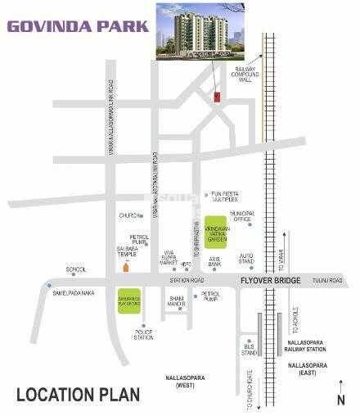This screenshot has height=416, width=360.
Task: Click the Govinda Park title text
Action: (x=79, y=25)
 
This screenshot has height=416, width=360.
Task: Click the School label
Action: (x=76, y=269)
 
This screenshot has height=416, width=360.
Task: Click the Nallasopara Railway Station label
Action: (x=314, y=347)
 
